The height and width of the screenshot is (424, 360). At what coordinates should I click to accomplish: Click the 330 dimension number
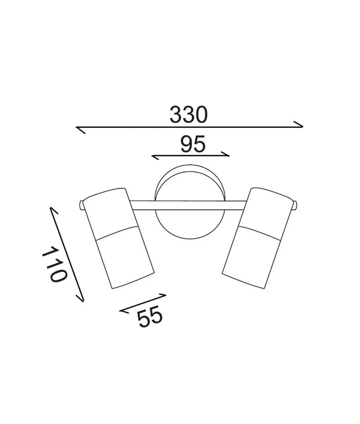(x=188, y=114)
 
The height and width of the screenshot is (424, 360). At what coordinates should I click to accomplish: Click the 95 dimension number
(x=193, y=144)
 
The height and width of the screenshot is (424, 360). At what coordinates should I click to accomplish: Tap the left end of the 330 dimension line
(x=77, y=128)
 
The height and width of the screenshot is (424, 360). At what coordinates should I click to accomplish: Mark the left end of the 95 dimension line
(x=152, y=159)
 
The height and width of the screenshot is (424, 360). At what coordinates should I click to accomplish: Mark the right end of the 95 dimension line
(x=229, y=154)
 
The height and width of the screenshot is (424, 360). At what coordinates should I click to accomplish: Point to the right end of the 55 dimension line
(x=165, y=296)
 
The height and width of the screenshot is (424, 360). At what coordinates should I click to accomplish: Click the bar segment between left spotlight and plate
(x=142, y=205)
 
